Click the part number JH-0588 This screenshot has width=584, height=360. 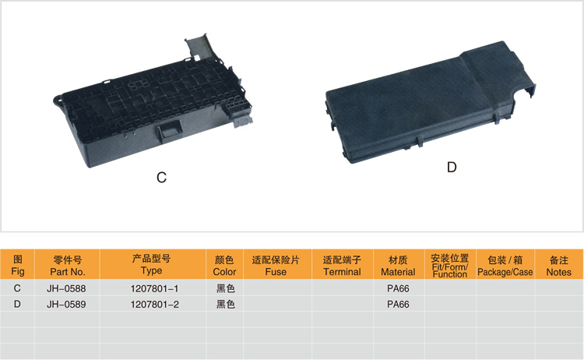[66, 288]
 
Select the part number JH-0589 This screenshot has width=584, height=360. [66, 305]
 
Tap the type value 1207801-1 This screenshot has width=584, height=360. [154, 288]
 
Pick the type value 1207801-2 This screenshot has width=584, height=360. [154, 305]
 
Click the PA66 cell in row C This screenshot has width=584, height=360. [398, 288]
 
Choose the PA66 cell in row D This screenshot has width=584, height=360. [398, 305]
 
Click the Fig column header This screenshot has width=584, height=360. [17, 265]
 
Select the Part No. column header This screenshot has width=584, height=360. [68, 266]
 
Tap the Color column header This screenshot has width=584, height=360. [224, 266]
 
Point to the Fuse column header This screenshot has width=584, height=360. [276, 266]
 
